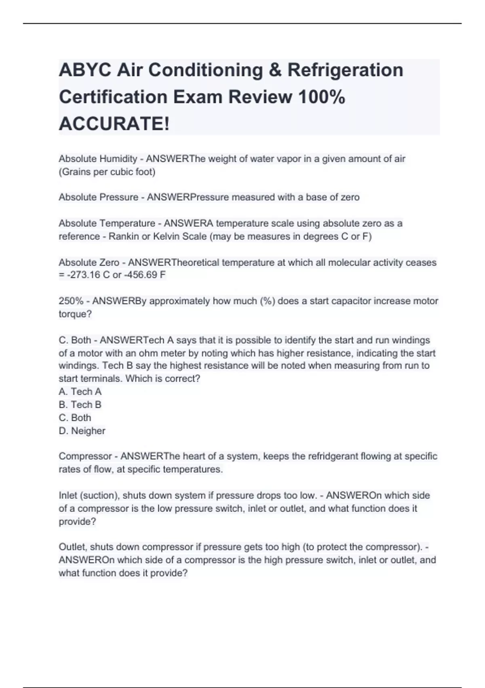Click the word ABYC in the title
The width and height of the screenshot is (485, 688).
click(85, 70)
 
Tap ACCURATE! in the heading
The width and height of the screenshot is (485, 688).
click(114, 123)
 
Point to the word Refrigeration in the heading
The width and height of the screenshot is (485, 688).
click(345, 70)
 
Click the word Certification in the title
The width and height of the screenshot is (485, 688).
click(113, 97)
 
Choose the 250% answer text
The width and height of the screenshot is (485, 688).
click(71, 301)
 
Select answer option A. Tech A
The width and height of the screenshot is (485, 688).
click(80, 391)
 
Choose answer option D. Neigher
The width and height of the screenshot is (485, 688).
click(82, 431)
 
